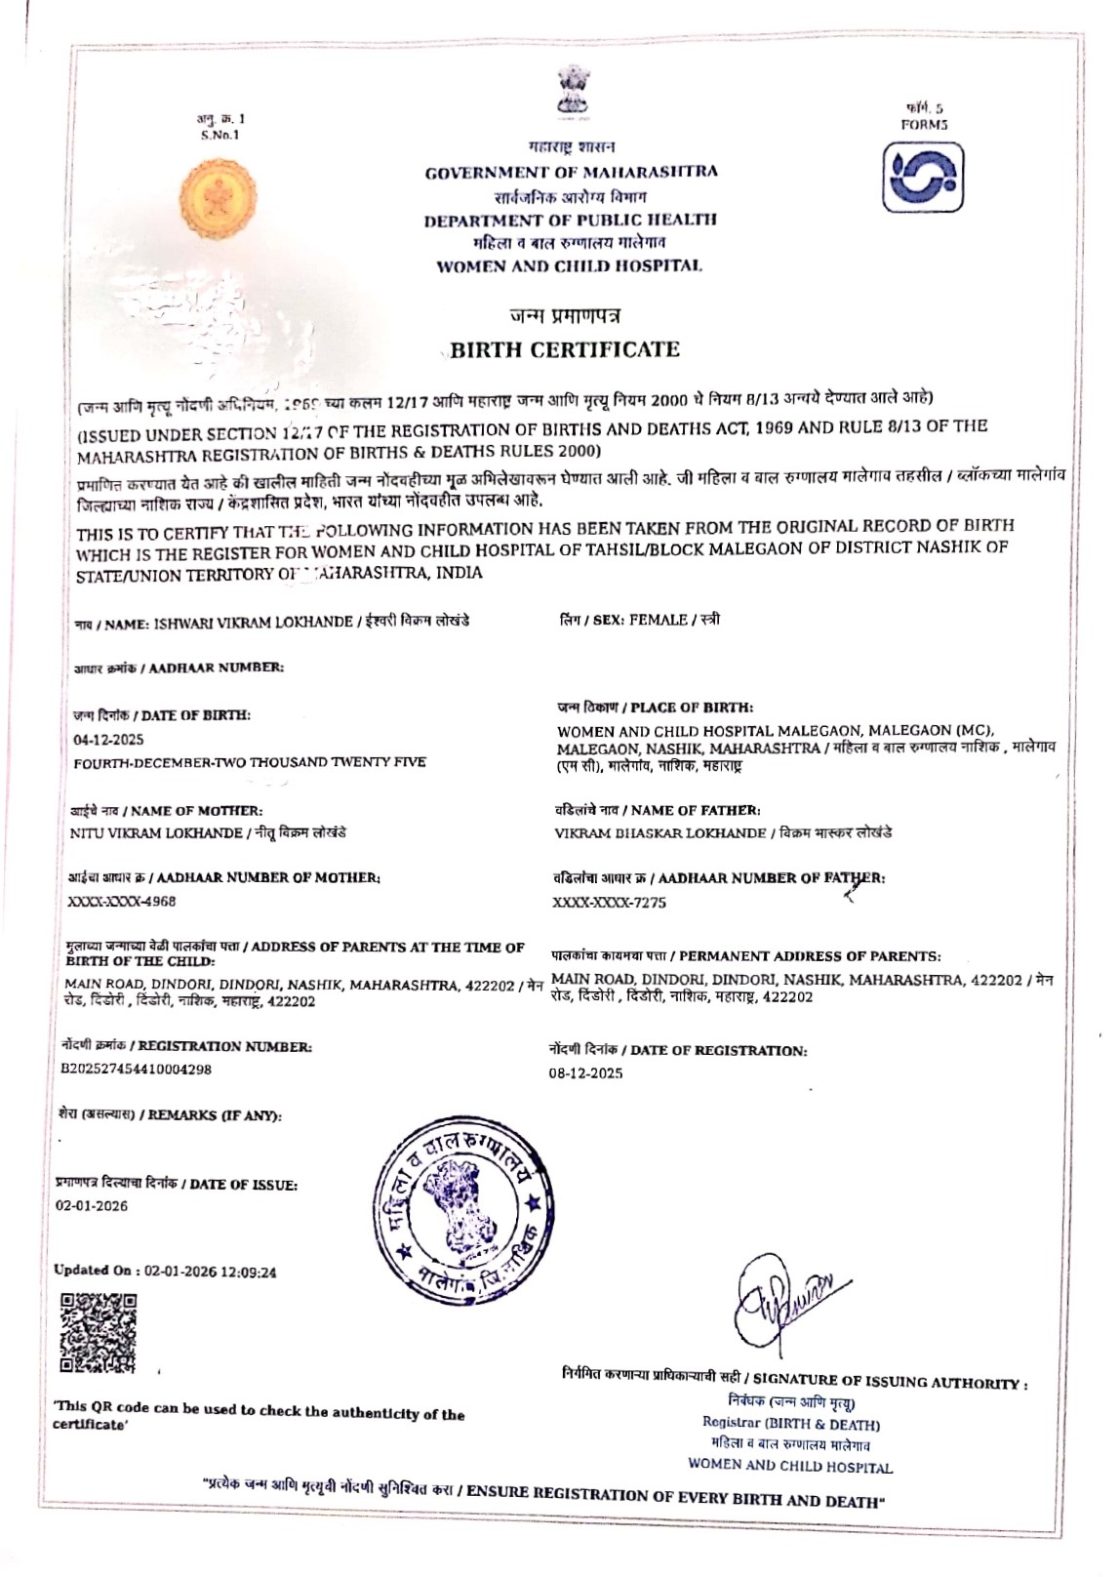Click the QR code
pyautogui.click(x=99, y=1333)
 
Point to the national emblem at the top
pyautogui.click(x=571, y=91)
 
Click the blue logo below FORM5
pyautogui.click(x=923, y=179)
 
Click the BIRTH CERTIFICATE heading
pyautogui.click(x=565, y=349)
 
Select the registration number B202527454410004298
pyautogui.click(x=136, y=1069)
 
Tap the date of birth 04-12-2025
pyautogui.click(x=108, y=740)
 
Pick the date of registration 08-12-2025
pyautogui.click(x=585, y=1073)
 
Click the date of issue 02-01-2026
pyautogui.click(x=92, y=1206)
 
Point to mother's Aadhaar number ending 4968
pyautogui.click(x=122, y=902)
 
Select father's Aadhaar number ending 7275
pyautogui.click(x=610, y=903)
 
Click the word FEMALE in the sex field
pyautogui.click(x=658, y=620)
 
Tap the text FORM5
pyautogui.click(x=924, y=124)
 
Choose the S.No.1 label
pyautogui.click(x=220, y=135)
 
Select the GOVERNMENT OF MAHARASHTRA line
pyautogui.click(x=571, y=173)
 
